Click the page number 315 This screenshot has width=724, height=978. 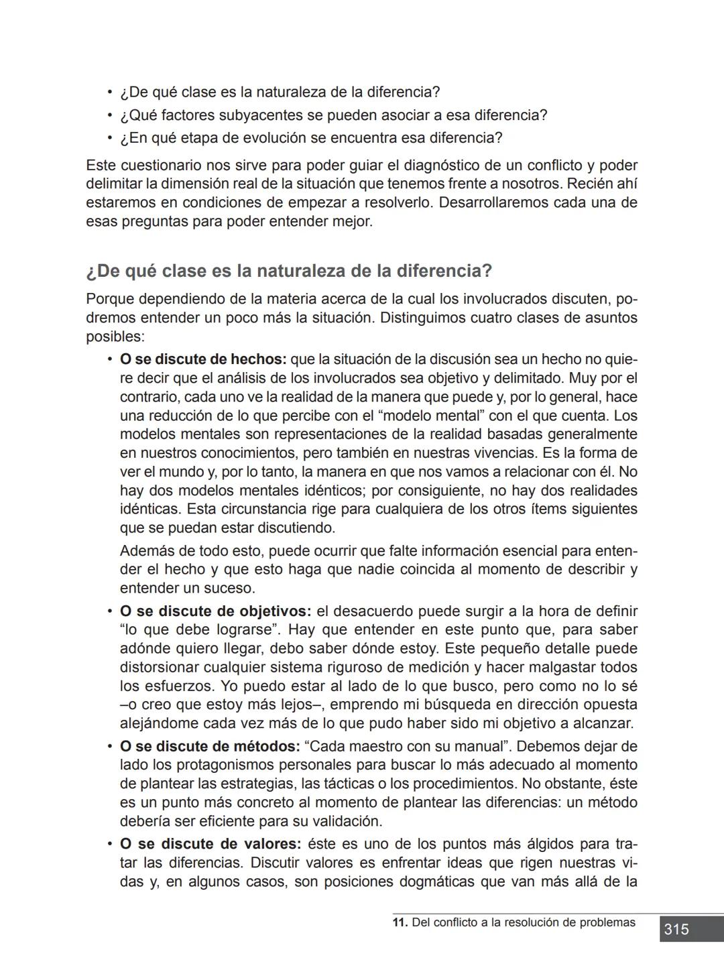coord(676,929)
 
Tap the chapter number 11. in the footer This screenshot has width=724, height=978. coord(400,922)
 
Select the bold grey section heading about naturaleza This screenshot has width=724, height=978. coord(289,271)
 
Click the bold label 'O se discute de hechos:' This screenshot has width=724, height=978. coord(203,359)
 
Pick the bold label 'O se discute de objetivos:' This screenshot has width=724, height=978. coord(215,611)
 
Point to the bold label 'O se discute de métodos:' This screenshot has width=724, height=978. coord(209,746)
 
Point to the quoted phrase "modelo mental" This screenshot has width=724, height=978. coord(420,416)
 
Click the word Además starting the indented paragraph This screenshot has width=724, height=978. coord(145,551)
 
